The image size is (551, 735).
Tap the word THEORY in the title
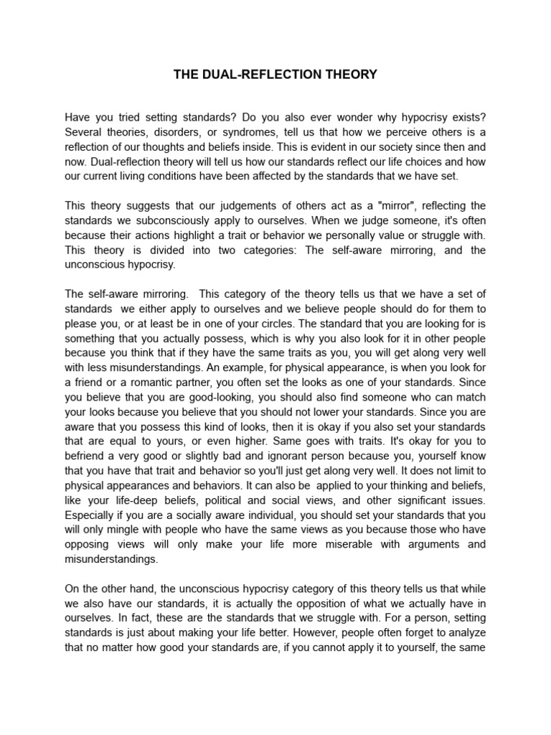pos(351,75)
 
